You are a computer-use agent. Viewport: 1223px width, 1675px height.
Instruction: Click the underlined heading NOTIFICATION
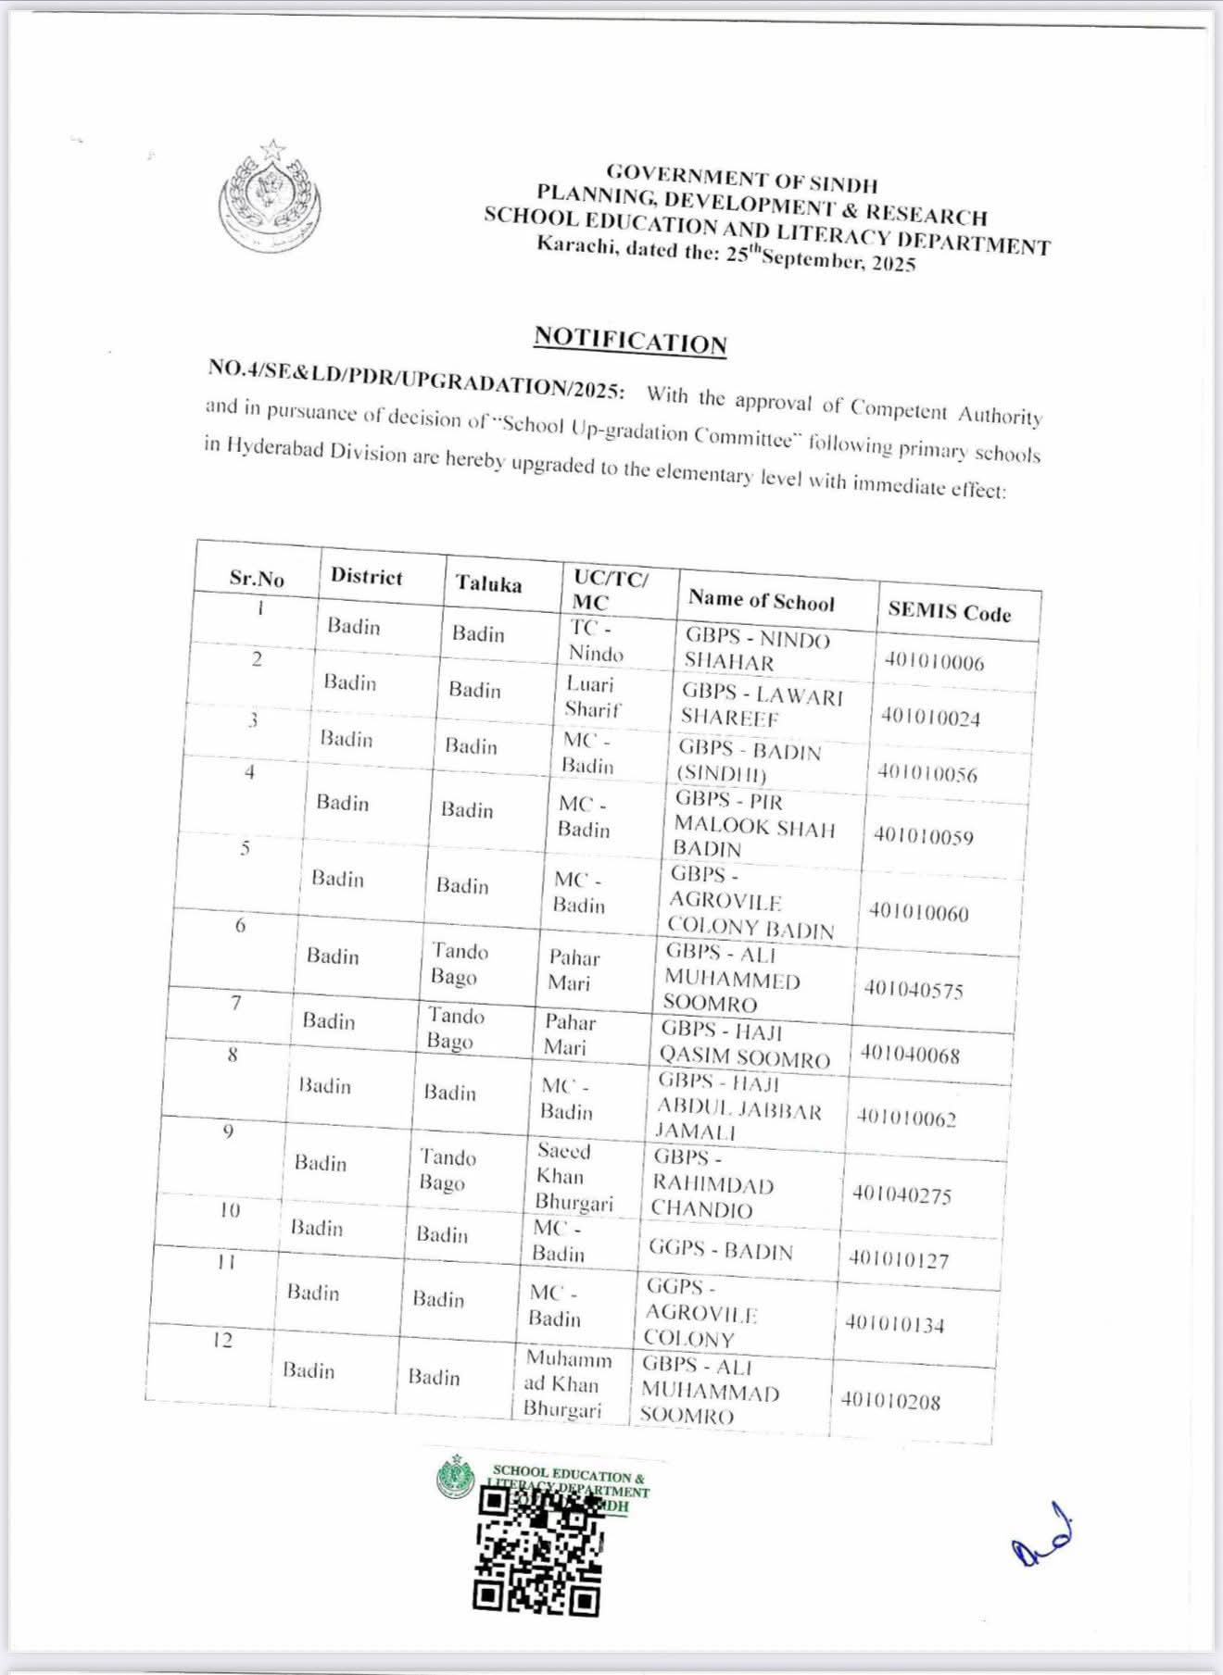point(630,340)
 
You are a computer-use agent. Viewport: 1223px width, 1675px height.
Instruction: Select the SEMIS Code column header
point(949,611)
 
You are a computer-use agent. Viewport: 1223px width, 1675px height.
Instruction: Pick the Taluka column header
point(488,583)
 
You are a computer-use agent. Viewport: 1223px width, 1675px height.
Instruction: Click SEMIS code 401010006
point(934,661)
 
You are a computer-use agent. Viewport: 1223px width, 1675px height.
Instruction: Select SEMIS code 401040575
point(914,990)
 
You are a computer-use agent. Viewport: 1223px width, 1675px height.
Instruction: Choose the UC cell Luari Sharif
point(592,696)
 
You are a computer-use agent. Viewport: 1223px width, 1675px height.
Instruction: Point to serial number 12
point(222,1340)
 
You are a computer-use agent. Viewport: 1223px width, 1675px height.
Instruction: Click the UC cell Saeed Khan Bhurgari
point(574,1176)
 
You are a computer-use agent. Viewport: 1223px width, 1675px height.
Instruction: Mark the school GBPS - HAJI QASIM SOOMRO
point(744,1044)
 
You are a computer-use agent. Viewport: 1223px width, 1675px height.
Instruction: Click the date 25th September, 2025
point(820,258)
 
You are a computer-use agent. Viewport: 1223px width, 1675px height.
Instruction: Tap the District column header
point(367,576)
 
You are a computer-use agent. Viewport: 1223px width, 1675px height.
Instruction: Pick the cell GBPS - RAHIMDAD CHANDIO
point(712,1183)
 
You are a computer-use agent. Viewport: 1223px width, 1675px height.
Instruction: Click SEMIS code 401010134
point(894,1324)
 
